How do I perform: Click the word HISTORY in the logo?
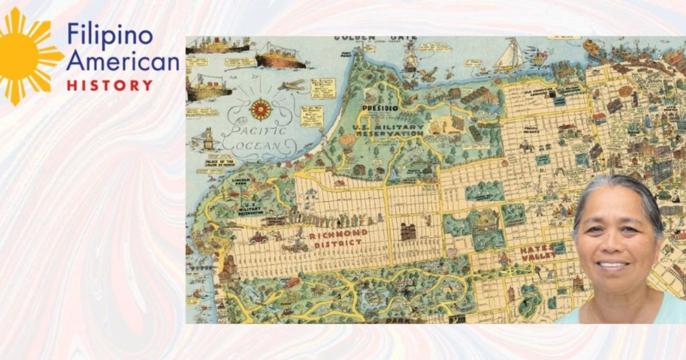click(x=110, y=86)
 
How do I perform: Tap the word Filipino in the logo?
click(x=110, y=35)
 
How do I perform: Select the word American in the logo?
click(x=122, y=61)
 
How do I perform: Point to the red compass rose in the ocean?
click(x=261, y=109)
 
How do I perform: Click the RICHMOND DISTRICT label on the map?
click(x=336, y=239)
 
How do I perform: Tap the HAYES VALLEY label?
click(x=536, y=253)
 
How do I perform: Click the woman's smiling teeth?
click(x=613, y=265)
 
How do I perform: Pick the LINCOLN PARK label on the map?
click(x=243, y=182)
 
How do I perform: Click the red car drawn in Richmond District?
click(x=258, y=237)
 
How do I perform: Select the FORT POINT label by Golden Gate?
click(x=346, y=54)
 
